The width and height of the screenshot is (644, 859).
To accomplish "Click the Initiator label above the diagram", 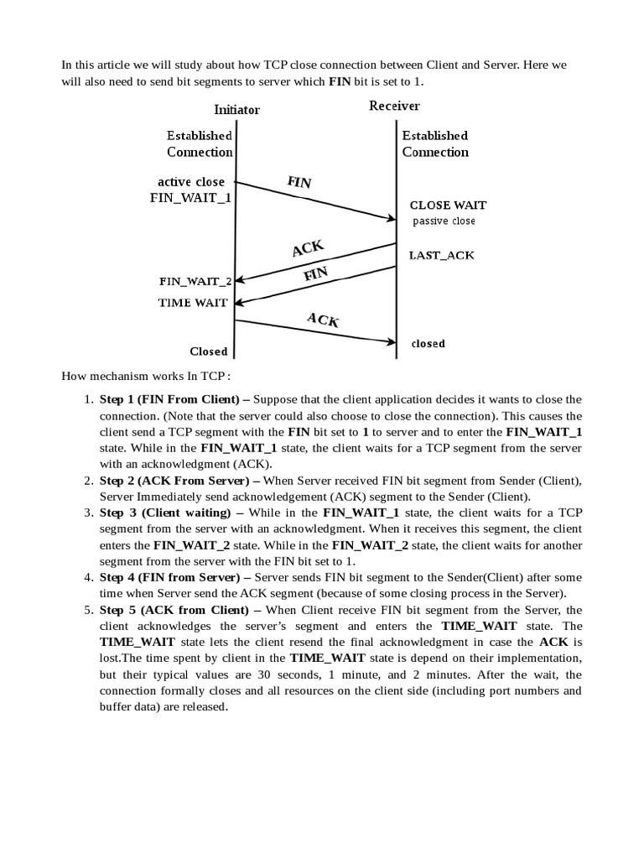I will (236, 110).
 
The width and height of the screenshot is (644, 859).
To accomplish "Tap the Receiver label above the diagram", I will (394, 106).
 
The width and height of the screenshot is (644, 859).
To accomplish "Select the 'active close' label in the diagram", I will (191, 182).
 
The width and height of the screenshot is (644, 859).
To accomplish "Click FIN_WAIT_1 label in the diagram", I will (191, 198).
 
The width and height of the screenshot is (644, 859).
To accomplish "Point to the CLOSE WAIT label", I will (448, 205).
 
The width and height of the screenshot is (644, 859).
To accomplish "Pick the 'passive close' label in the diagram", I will (444, 221).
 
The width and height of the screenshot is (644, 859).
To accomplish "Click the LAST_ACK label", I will (441, 255).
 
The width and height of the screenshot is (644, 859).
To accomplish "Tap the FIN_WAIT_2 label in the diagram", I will (195, 281).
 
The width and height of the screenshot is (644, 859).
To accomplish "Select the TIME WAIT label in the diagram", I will (193, 303).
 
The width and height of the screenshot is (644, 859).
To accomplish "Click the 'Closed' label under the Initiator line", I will (209, 351).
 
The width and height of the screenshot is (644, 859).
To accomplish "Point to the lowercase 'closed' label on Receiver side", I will (428, 344).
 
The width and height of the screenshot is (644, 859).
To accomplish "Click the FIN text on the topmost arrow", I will (299, 182).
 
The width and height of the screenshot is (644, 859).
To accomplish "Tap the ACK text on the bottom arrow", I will (323, 320).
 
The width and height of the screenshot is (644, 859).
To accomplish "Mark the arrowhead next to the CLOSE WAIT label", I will (391, 220).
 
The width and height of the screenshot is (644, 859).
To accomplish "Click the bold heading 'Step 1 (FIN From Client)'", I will (174, 399).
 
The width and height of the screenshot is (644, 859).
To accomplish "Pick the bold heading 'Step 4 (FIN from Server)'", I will (174, 577).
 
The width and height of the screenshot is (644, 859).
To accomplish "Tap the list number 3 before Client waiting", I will (88, 513).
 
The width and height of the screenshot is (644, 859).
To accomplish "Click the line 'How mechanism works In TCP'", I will (146, 375).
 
